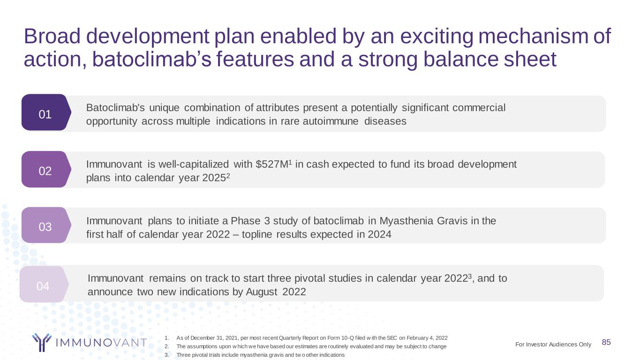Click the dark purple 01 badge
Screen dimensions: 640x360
coord(46,112)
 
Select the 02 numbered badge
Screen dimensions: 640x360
coord(46,169)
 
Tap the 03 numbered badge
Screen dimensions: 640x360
coord(46,225)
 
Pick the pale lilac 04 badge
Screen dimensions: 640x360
coord(44,284)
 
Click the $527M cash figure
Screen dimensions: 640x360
coord(272,164)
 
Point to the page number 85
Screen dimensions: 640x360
coord(606,342)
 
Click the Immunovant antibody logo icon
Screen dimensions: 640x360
coord(42,342)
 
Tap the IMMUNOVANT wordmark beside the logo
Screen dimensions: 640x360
coord(101,343)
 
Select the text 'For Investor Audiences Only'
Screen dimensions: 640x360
coord(553,344)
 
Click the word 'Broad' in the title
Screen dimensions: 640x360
coord(52,36)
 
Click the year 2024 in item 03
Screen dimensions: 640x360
coord(379,234)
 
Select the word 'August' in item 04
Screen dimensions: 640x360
coord(262,292)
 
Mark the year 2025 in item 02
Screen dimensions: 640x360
coord(214,178)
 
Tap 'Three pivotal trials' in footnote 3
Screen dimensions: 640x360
coord(198,355)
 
